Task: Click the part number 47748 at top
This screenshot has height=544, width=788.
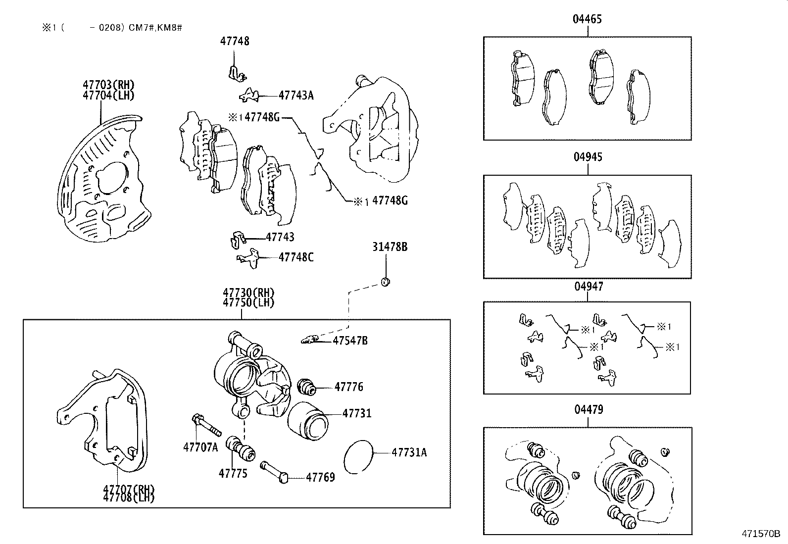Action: pos(235,42)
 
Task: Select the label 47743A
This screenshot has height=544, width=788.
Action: pos(296,96)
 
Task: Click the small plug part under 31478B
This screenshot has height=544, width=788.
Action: pos(386,282)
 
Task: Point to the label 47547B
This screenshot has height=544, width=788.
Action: pos(350,341)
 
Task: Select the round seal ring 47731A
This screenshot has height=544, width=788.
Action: pos(358,456)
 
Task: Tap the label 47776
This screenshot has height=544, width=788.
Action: pos(348,387)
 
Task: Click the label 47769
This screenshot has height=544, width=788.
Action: pos(320,477)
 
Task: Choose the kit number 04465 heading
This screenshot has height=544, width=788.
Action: pos(588,19)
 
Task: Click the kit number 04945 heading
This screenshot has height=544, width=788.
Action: pos(588,157)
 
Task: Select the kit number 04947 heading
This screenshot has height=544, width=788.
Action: pos(588,287)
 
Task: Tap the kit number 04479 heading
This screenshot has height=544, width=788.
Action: pos(588,410)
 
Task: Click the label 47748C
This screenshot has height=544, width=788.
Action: pos(295,257)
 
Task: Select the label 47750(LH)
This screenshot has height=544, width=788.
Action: pos(248,302)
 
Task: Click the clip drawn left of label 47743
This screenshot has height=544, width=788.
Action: pos(239,240)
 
